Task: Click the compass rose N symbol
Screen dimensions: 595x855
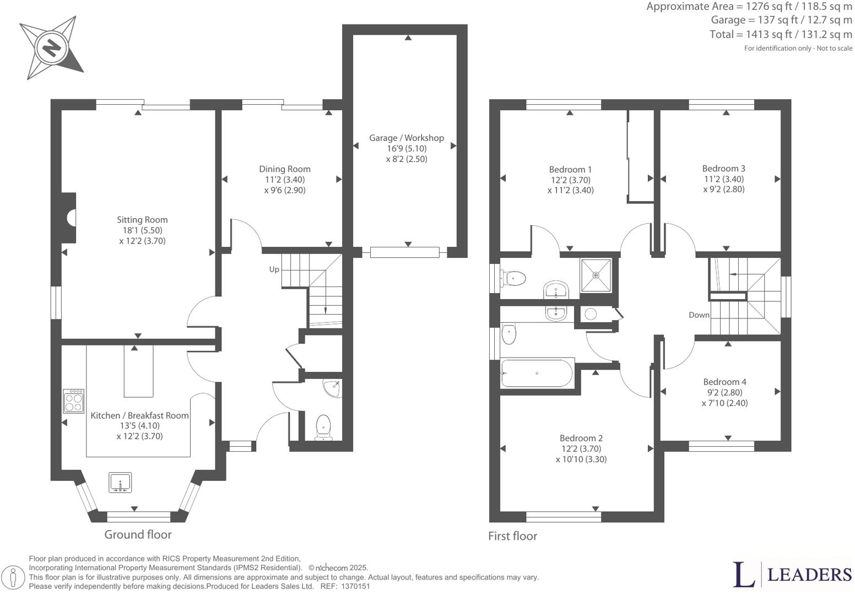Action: click(52, 48)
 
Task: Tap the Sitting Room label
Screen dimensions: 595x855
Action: click(142, 220)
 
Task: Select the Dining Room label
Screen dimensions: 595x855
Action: click(285, 169)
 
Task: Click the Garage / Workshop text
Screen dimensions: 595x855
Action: click(407, 138)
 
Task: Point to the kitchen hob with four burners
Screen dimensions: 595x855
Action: click(74, 401)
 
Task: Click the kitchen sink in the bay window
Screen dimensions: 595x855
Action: click(120, 483)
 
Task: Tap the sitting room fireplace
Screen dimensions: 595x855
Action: click(70, 218)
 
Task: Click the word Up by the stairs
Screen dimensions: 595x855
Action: click(274, 269)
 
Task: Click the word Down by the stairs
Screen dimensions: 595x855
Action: click(699, 315)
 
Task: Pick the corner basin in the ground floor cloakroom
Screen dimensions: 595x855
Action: click(334, 388)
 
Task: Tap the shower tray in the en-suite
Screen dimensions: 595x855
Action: click(596, 275)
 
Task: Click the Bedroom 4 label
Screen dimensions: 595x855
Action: click(724, 382)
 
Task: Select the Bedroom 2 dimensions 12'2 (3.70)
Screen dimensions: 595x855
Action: click(581, 449)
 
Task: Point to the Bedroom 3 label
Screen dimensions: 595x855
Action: click(723, 169)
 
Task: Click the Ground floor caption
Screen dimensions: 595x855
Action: click(138, 534)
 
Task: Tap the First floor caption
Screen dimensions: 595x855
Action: click(512, 536)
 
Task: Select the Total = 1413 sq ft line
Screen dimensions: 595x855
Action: click(781, 35)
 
